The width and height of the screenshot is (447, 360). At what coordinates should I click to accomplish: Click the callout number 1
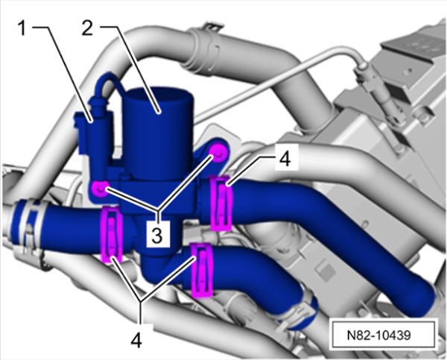point(22,29)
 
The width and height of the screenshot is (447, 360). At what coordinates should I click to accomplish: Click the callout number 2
point(87,29)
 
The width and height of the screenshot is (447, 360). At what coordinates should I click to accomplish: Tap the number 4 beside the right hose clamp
point(285,159)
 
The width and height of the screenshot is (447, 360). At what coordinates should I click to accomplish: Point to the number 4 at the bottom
point(136,340)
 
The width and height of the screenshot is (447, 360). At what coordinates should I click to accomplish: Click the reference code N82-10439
point(379,335)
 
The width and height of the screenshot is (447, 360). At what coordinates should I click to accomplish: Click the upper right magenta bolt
point(218,154)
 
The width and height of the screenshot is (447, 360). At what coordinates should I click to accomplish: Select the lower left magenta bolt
point(99,189)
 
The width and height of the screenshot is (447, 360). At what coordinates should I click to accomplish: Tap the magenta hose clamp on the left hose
point(112,235)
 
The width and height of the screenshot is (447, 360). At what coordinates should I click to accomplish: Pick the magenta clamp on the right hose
point(221,203)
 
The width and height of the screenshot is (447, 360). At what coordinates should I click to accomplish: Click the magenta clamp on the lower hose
point(202,270)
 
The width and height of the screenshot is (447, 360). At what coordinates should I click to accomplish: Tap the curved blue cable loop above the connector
point(111,84)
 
